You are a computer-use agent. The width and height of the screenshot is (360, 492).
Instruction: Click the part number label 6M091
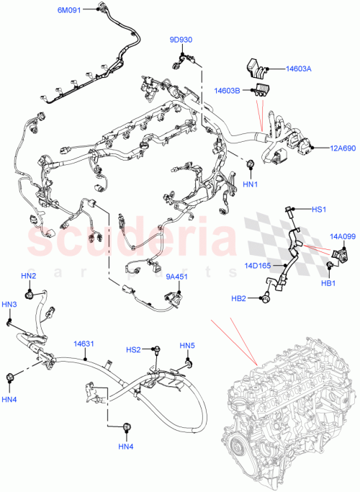coord(70,10)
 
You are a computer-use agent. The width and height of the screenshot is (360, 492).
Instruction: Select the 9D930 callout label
coord(181,40)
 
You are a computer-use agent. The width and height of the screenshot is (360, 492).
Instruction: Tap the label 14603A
coord(299,69)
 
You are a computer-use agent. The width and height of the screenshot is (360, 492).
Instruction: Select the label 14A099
coord(342,236)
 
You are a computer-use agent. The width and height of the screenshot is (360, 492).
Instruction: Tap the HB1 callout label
coord(328,284)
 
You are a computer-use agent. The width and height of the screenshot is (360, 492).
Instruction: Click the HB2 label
coord(238,298)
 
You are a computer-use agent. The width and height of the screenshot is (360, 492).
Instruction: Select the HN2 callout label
coord(28,276)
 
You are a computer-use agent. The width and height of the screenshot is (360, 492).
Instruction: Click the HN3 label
coord(9,305)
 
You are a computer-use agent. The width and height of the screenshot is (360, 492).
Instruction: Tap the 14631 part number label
coord(84,344)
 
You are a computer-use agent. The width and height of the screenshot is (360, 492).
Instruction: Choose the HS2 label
coord(133,349)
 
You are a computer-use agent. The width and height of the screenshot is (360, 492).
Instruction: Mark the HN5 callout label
coord(187,346)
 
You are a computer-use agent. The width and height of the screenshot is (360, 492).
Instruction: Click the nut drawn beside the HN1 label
coord(250,166)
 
